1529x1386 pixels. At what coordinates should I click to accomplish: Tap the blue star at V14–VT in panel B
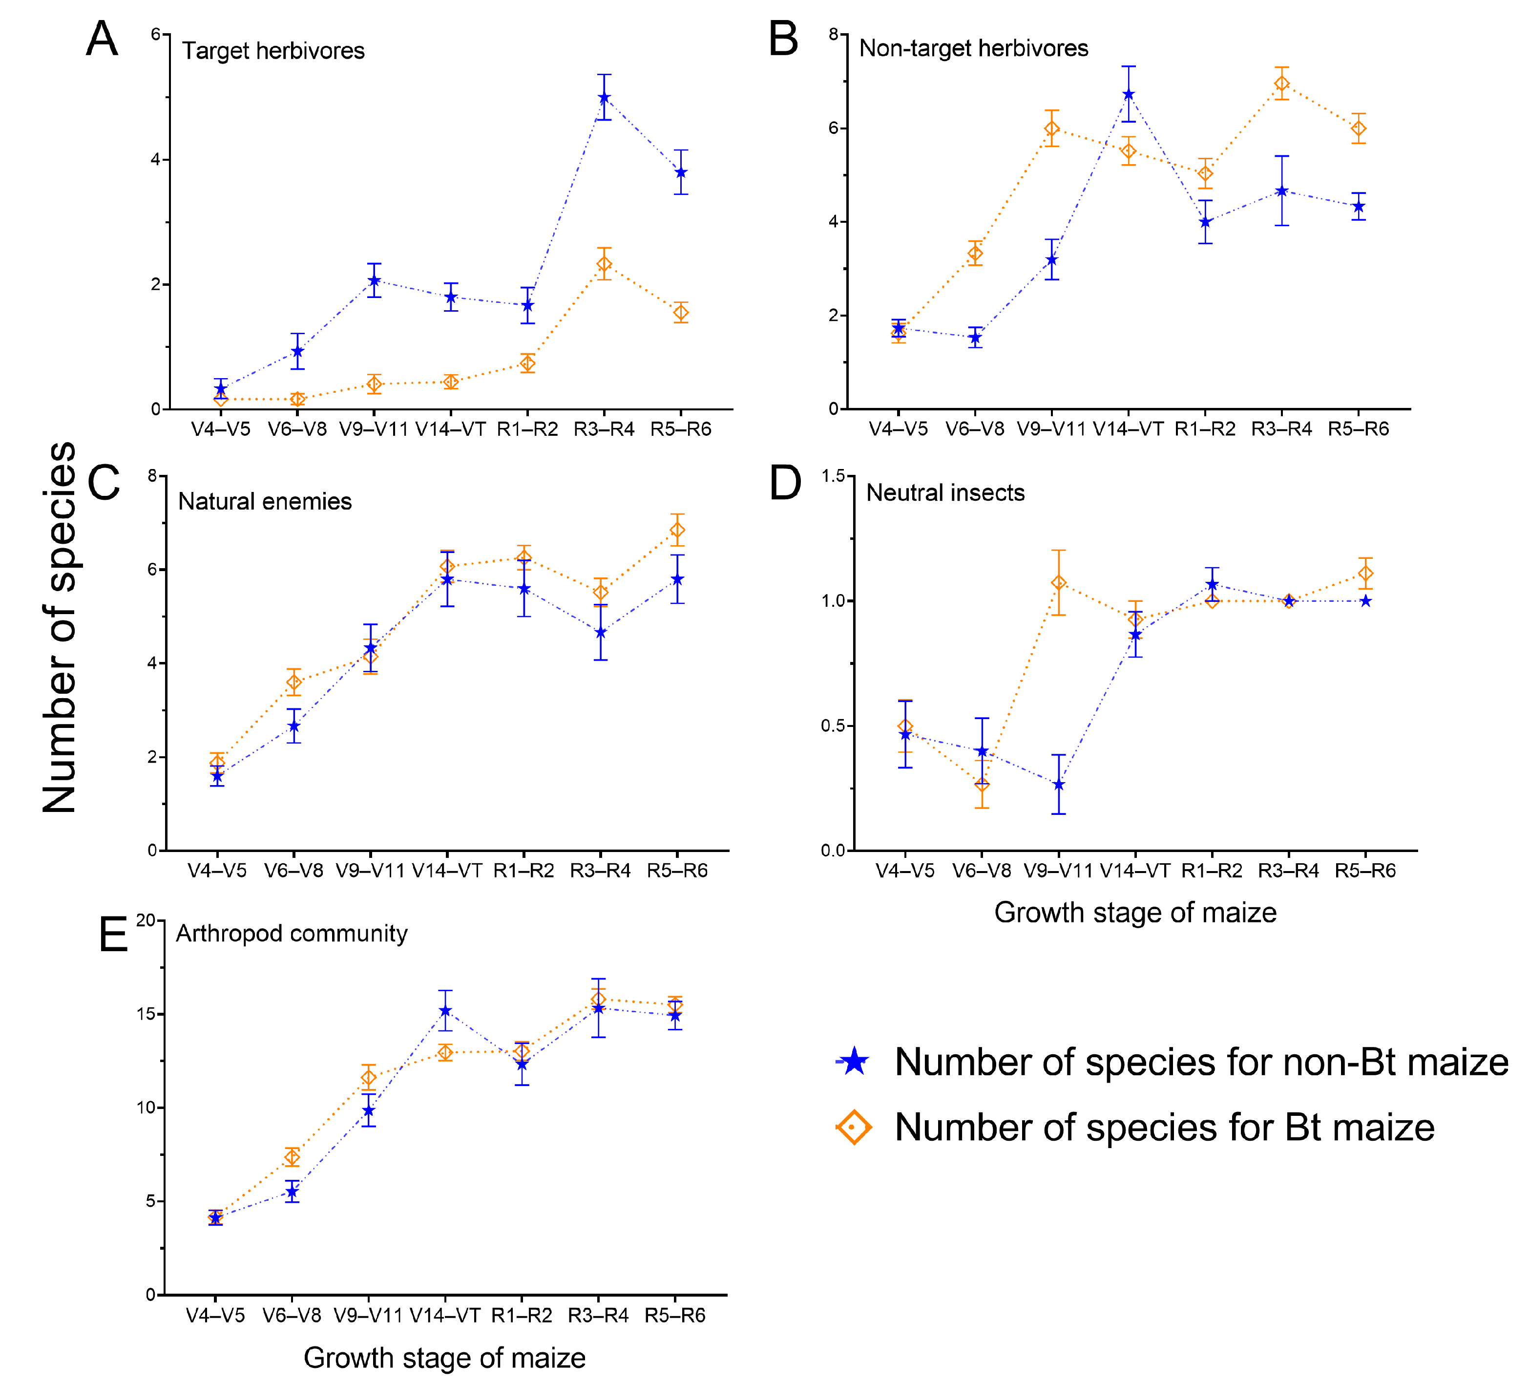click(1129, 94)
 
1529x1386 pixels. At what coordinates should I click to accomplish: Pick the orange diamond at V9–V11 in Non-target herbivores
click(1052, 128)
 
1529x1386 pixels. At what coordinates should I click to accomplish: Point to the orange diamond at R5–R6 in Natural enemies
click(677, 530)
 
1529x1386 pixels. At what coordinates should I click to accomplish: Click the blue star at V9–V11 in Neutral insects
click(1059, 785)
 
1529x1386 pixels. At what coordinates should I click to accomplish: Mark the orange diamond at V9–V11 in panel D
click(1059, 583)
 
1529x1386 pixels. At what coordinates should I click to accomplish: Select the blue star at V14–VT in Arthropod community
click(445, 1011)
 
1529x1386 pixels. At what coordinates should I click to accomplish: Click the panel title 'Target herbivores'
click(273, 51)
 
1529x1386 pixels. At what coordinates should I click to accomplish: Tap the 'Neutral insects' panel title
click(945, 493)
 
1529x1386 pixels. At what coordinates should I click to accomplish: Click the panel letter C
click(104, 483)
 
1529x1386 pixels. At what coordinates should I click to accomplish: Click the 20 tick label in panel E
click(145, 920)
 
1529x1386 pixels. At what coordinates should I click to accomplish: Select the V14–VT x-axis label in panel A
click(451, 429)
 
